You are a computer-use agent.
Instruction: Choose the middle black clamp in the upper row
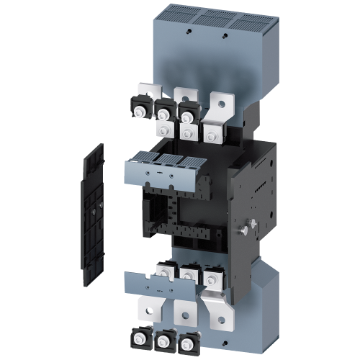165,112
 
